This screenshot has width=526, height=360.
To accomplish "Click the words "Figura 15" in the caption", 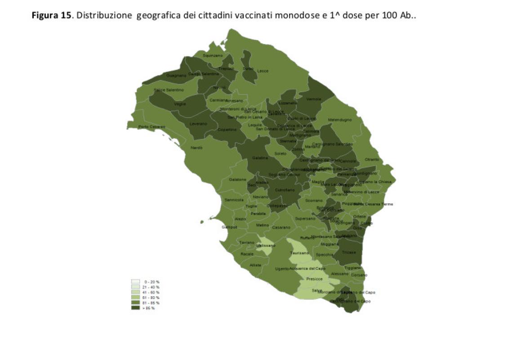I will [50, 15].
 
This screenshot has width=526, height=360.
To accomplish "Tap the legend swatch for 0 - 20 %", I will [135, 281].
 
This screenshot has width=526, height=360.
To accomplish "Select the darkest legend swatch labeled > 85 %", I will [135, 308].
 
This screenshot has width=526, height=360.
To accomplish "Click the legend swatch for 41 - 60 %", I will [135, 292].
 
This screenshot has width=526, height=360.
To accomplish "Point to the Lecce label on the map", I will [263, 71].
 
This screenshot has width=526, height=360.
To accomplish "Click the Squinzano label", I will [213, 55].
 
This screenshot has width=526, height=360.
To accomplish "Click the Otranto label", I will [372, 159].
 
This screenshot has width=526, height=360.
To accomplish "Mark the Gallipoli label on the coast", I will [229, 227].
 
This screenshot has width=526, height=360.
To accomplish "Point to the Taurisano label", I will [299, 253].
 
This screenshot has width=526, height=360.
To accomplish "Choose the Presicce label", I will [314, 279].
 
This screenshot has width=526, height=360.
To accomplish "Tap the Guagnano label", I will [173, 76].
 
